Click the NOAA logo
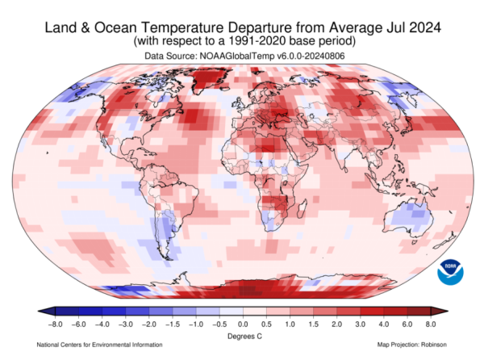pos(450,272)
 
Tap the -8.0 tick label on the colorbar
pos(55,324)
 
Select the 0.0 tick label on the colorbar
pos(243,324)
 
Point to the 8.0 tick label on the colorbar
pos(431,324)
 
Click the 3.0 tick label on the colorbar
pos(361,324)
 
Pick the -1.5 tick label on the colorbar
pos(173,324)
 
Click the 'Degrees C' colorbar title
pos(244,337)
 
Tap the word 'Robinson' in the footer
pos(434,345)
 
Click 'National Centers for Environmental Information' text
pos(99,345)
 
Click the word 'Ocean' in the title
pos(115,27)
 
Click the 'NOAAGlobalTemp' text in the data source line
pos(236,56)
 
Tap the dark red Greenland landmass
pos(207,79)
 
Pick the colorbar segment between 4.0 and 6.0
pos(395,312)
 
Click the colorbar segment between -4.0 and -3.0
pos(114,312)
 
